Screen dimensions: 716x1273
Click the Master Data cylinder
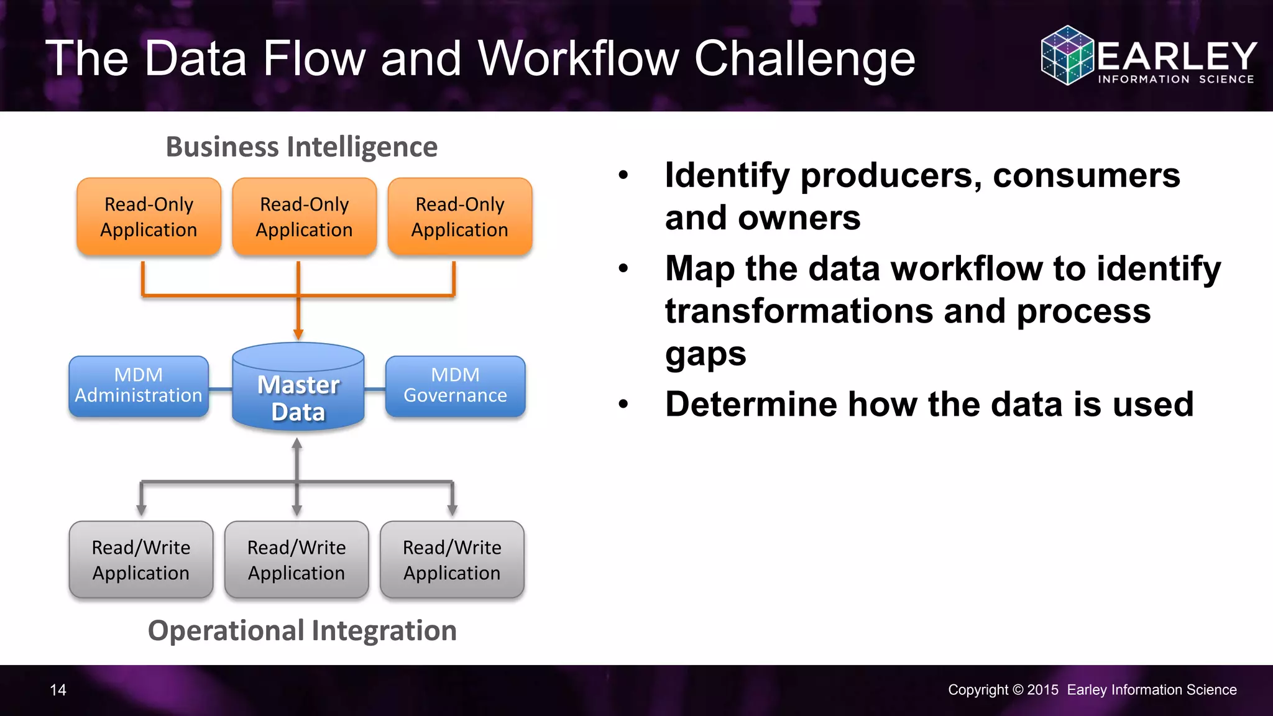[298, 388]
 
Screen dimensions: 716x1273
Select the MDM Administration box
[139, 386]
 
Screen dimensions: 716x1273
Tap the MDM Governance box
[455, 386]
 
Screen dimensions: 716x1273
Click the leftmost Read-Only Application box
[149, 217]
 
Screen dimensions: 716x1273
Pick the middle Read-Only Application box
[305, 217]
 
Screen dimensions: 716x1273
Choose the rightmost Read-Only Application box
[460, 217]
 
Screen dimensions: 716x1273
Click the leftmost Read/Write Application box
[141, 560]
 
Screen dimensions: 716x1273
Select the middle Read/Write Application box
[296, 560]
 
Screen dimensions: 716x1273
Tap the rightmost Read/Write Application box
[452, 560]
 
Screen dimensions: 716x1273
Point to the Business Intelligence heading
[301, 147]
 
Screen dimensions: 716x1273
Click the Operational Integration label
[302, 631]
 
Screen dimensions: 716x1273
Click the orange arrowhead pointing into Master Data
[298, 334]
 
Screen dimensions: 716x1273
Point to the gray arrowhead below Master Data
[297, 444]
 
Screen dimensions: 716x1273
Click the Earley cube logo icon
[1067, 55]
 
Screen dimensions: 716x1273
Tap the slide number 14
[58, 690]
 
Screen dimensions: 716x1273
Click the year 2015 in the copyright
[1042, 690]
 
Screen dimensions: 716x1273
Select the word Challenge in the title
[804, 59]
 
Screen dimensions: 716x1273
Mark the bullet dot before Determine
[623, 405]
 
